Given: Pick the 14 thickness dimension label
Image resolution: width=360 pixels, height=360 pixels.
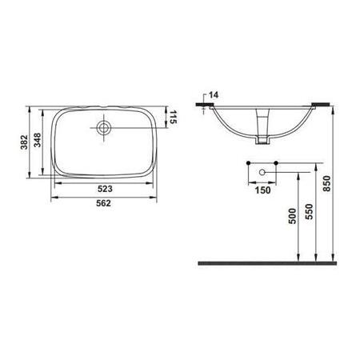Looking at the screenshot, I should point(213,95).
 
